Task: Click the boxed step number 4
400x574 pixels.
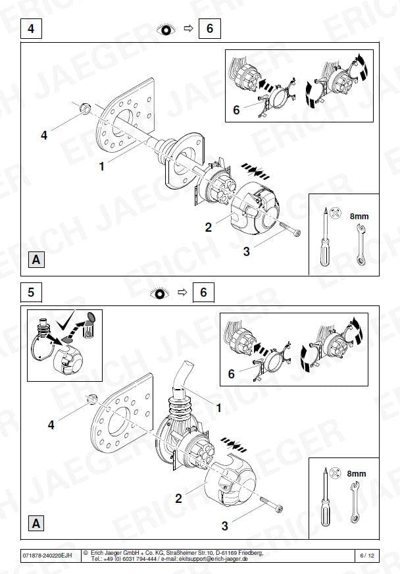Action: [x=31, y=28]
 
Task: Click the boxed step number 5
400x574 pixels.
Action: [x=31, y=292]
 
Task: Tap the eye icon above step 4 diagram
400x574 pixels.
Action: [x=166, y=29]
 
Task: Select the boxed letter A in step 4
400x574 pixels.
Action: [x=36, y=259]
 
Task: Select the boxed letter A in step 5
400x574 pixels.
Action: [x=36, y=523]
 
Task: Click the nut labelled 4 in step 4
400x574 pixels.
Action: [x=85, y=109]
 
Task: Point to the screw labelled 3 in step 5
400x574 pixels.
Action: [x=272, y=504]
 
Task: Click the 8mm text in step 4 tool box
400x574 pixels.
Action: [x=359, y=217]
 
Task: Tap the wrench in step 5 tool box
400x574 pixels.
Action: [x=355, y=502]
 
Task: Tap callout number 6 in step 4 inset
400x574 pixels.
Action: [x=236, y=110]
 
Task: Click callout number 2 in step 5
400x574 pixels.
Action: [x=178, y=498]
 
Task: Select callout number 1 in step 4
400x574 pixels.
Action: [x=102, y=166]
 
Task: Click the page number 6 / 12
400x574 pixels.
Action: [x=367, y=556]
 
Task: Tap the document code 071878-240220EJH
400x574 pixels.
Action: [x=47, y=556]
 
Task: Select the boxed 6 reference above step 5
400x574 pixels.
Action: [x=203, y=292]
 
